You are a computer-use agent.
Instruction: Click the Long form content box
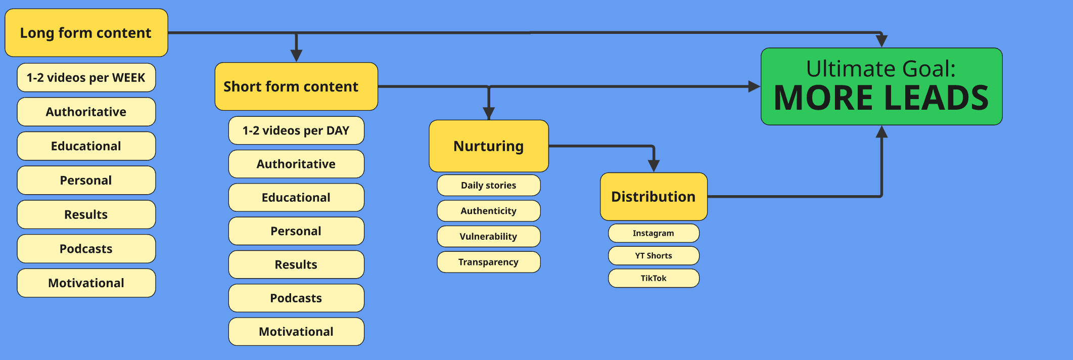[86, 33]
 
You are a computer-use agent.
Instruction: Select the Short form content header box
[296, 86]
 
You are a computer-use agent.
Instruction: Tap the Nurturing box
[489, 146]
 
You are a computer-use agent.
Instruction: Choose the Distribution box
[654, 197]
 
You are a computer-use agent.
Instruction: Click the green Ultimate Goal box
[881, 86]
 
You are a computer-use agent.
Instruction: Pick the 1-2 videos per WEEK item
[86, 77]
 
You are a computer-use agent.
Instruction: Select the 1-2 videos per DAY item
[296, 130]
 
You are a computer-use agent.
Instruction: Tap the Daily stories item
[489, 185]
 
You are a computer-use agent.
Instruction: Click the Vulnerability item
[489, 236]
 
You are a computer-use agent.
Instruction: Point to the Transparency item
[489, 262]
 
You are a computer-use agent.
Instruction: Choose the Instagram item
[654, 233]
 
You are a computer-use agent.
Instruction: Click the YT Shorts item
[654, 255]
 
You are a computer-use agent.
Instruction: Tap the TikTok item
[654, 278]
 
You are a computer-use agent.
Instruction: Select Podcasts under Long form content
[86, 249]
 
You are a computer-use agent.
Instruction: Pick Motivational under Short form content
[296, 332]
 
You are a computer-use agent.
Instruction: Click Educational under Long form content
[86, 146]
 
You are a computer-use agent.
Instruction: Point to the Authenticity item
[489, 211]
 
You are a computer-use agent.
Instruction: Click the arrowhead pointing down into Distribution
[654, 166]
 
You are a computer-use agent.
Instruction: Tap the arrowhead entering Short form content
[297, 56]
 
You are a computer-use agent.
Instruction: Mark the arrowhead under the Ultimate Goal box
[882, 131]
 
